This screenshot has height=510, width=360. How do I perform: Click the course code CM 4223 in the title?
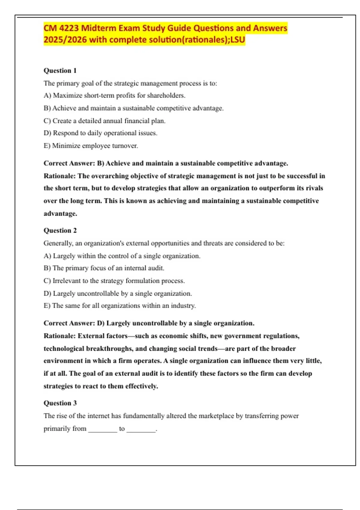pyautogui.click(x=61, y=28)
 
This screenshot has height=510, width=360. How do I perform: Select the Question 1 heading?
pyautogui.click(x=60, y=70)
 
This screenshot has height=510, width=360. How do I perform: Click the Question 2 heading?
pyautogui.click(x=60, y=230)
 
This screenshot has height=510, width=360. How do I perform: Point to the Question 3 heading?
pyautogui.click(x=60, y=403)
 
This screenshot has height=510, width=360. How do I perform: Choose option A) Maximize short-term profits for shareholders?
pyautogui.click(x=114, y=95)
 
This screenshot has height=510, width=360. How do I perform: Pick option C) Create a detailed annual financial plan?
pyautogui.click(x=104, y=121)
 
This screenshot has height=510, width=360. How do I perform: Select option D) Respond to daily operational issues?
pyautogui.click(x=100, y=133)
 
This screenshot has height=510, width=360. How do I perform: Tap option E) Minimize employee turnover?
pyautogui.click(x=91, y=146)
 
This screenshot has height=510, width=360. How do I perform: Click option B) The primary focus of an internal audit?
pyautogui.click(x=104, y=268)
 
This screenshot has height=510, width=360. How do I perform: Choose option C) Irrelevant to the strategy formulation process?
pyautogui.click(x=114, y=281)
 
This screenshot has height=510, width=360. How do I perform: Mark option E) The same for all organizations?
pyautogui.click(x=119, y=306)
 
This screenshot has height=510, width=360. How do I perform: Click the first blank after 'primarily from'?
pyautogui.click(x=102, y=429)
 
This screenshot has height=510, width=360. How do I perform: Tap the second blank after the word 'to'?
pyautogui.click(x=141, y=429)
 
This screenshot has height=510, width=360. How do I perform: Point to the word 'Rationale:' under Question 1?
pyautogui.click(x=59, y=176)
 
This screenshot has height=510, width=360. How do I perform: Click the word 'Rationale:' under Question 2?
pyautogui.click(x=59, y=336)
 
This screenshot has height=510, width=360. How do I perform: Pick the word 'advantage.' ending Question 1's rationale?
pyautogui.click(x=60, y=214)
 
